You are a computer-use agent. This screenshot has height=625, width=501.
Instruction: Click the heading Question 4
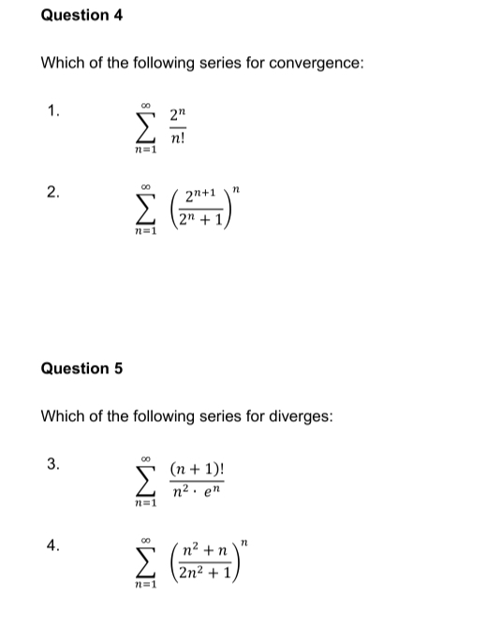pos(82,15)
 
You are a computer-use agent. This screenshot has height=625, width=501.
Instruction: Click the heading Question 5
pos(82,368)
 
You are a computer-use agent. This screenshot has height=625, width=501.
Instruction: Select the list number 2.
pos(53,194)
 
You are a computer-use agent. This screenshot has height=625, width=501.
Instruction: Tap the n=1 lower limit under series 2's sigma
pos(145,231)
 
